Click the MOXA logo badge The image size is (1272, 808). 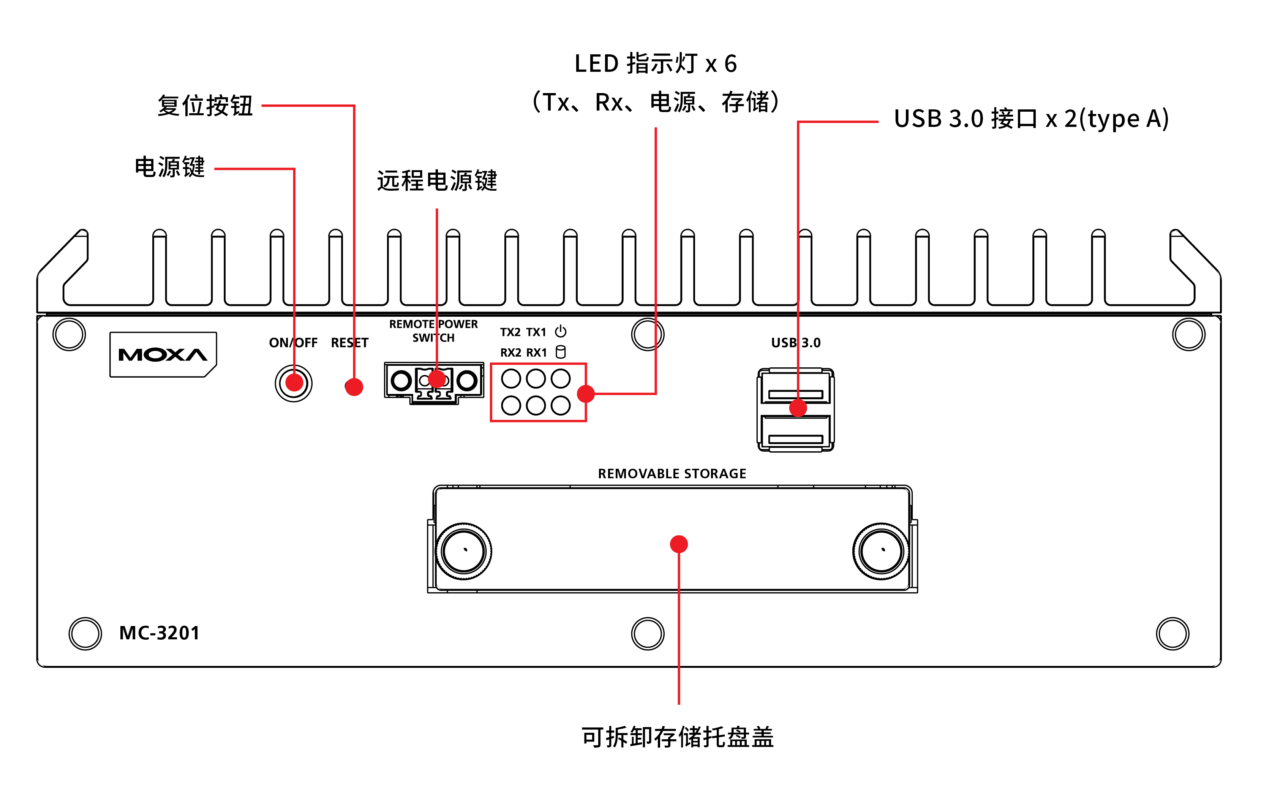pyautogui.click(x=163, y=354)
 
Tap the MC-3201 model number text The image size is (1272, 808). pyautogui.click(x=160, y=632)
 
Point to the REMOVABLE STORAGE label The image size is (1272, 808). pyautogui.click(x=672, y=473)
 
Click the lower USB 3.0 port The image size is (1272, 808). pyautogui.click(x=796, y=434)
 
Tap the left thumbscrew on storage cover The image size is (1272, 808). pyautogui.click(x=464, y=551)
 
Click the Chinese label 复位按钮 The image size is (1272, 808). pyautogui.click(x=205, y=106)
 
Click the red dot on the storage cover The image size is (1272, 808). pyautogui.click(x=679, y=544)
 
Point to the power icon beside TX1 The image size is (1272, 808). pyautogui.click(x=561, y=331)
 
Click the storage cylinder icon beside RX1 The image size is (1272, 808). pyautogui.click(x=561, y=352)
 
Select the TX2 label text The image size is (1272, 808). pyautogui.click(x=510, y=332)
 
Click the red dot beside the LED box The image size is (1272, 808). pyautogui.click(x=586, y=394)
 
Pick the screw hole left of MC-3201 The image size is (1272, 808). pyautogui.click(x=85, y=633)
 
